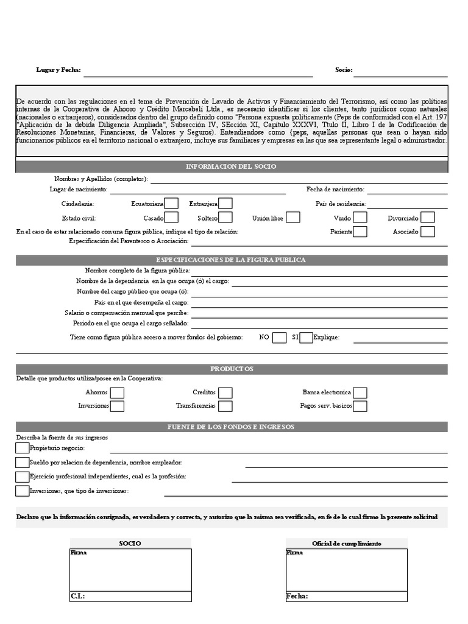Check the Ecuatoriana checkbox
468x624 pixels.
tap(171, 204)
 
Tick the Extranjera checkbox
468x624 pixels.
tap(225, 204)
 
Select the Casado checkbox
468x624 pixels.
tap(171, 218)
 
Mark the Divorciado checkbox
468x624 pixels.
tap(428, 218)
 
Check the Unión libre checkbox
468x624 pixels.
tap(293, 218)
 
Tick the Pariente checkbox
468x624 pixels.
tap(360, 232)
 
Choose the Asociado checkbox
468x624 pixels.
tap(428, 232)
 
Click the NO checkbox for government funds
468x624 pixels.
tap(279, 338)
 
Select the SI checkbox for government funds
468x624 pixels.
tap(306, 338)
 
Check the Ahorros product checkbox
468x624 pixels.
tap(117, 393)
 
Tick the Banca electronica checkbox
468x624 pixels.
tap(360, 393)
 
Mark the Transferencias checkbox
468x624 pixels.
tap(225, 406)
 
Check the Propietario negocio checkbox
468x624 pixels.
tap(23, 448)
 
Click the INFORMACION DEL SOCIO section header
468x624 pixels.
tap(231, 166)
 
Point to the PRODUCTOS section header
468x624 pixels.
tap(232, 369)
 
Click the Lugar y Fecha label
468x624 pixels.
tap(58, 70)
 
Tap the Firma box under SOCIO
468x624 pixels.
tap(130, 570)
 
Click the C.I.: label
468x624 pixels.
tap(77, 597)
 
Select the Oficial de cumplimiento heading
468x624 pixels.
tap(346, 544)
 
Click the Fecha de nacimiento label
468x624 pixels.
tap(335, 190)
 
